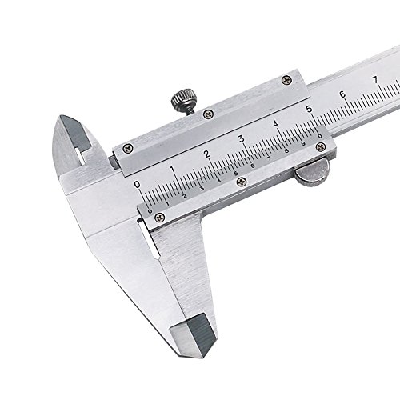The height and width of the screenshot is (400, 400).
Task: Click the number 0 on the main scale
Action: coord(138,184)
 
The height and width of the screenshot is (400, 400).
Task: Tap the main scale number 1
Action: coord(173,170)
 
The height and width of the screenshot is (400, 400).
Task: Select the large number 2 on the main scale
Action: coord(207,154)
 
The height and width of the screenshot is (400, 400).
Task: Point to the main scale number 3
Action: coord(242,139)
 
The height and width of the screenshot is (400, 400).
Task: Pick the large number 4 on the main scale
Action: coord(275,124)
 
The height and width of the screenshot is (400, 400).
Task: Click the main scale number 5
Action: coord(310,109)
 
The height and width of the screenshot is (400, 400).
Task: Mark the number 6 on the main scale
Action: coord(342,94)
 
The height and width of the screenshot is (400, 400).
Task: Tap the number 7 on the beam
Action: coord(375,79)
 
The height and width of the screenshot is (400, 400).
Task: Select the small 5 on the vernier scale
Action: coord(236,174)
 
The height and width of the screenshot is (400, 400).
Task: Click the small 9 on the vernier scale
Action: coord(303,144)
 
